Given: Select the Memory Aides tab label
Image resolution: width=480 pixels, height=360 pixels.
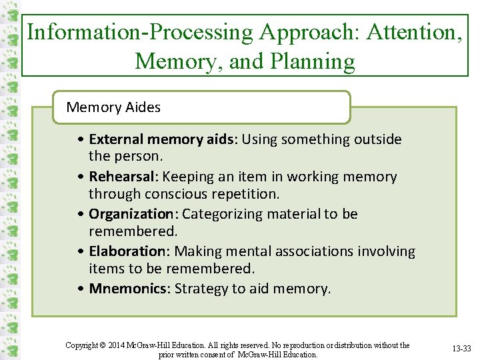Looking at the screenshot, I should [x=113, y=107].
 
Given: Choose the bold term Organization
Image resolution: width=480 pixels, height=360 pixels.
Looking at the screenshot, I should [x=131, y=214].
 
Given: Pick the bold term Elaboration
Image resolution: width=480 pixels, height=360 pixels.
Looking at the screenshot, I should [x=127, y=251].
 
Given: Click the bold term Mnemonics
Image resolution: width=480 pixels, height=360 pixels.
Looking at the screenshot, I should [x=128, y=289].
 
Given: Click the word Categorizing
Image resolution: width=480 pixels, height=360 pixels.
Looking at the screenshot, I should [x=222, y=214].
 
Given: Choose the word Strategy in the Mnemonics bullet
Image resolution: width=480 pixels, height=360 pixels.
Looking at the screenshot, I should [x=199, y=289].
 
